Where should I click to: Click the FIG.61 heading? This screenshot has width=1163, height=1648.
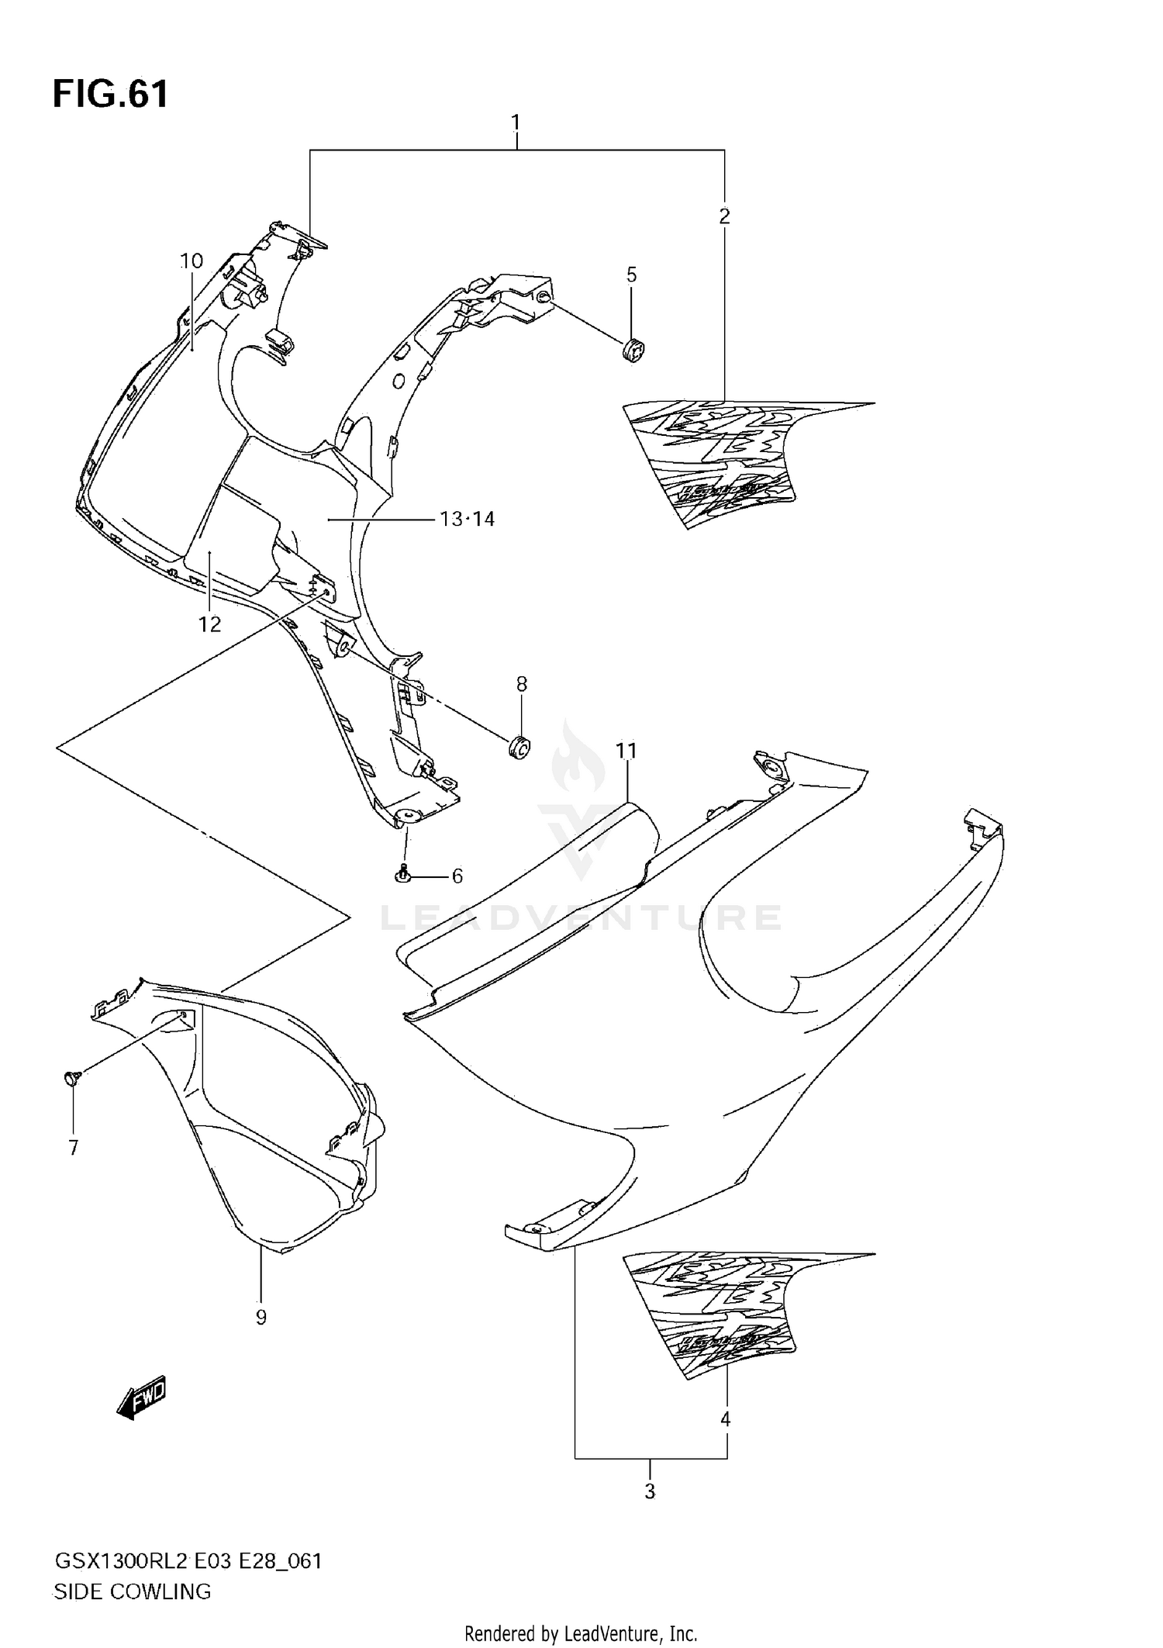[110, 95]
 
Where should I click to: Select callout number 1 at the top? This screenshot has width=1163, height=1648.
[516, 123]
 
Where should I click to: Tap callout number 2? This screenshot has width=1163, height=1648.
[724, 216]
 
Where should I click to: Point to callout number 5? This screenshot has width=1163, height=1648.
[631, 275]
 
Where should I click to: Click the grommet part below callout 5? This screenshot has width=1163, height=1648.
[633, 351]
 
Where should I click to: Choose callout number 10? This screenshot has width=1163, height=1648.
[192, 261]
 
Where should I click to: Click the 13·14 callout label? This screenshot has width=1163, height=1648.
[467, 519]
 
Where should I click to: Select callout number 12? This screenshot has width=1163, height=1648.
[209, 624]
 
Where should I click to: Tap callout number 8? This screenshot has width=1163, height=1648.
[522, 683]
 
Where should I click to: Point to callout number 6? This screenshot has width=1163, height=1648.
[457, 876]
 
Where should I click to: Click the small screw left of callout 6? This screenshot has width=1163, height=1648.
[402, 874]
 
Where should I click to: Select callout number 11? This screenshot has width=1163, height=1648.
[626, 750]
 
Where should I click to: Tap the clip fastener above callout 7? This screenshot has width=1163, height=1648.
[71, 1076]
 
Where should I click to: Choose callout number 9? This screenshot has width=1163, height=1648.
[261, 1317]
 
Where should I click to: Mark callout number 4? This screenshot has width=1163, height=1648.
[726, 1419]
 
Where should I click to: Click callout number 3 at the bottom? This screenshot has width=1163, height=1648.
[650, 1491]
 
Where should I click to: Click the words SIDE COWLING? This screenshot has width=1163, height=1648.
[132, 1591]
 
